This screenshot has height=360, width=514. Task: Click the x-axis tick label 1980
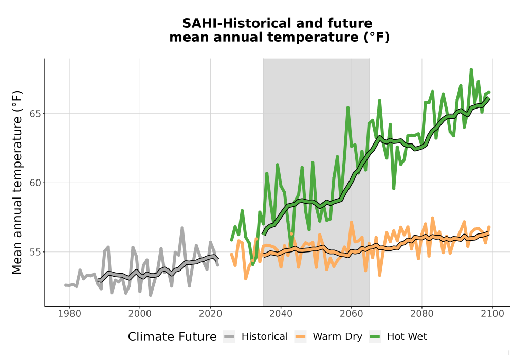click(x=69, y=314)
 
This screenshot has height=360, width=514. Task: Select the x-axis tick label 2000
click(x=140, y=314)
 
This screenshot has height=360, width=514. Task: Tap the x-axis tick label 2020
click(x=210, y=314)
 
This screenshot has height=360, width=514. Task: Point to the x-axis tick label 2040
click(x=281, y=314)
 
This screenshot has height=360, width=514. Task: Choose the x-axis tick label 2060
click(x=352, y=314)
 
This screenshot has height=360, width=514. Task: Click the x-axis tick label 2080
click(x=422, y=314)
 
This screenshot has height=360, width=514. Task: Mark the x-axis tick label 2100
click(x=492, y=314)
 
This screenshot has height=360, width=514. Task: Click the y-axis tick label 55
click(x=35, y=252)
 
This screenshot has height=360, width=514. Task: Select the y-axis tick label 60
click(x=35, y=183)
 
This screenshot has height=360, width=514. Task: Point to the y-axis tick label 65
click(x=35, y=114)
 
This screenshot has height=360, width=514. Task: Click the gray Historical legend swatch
click(x=229, y=336)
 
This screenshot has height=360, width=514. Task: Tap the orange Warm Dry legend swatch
click(x=300, y=336)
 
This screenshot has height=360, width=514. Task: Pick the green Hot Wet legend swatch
click(x=375, y=336)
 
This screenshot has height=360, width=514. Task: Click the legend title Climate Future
click(x=172, y=337)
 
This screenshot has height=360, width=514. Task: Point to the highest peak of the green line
click(x=471, y=69)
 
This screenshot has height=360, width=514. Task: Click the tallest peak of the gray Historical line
click(x=182, y=227)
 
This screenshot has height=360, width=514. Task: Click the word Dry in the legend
click(x=354, y=337)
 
